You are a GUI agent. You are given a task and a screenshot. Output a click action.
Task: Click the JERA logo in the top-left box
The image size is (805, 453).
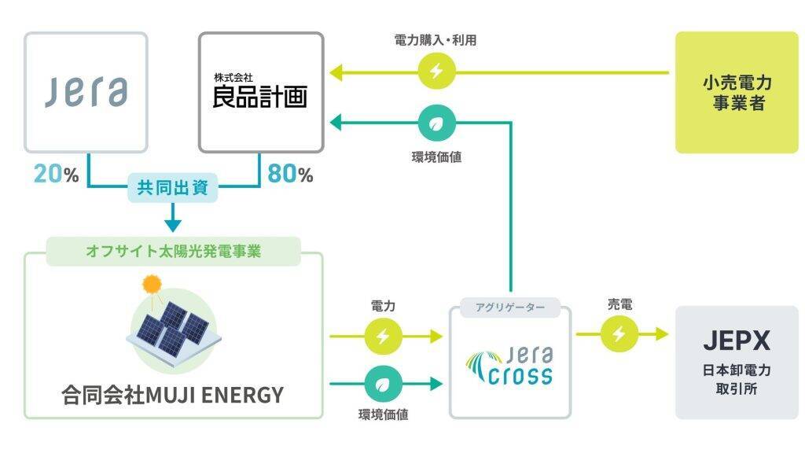[x=86, y=92]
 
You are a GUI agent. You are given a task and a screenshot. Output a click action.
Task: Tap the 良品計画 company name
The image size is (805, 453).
[x=260, y=95]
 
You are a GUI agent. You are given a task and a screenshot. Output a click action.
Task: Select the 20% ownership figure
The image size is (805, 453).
[x=56, y=174]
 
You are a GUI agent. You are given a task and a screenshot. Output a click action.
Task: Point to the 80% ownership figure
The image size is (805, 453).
[x=290, y=174]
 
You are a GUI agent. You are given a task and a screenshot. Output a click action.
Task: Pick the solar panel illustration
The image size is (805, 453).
[x=173, y=330]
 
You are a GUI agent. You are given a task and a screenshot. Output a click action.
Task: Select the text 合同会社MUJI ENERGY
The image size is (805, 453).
[x=173, y=395]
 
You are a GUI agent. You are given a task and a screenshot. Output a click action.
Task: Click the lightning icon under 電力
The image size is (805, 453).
[x=383, y=337]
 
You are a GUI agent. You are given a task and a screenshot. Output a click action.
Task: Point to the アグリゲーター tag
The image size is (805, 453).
[x=509, y=307]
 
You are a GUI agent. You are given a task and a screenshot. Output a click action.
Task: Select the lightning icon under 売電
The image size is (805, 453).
[x=619, y=334]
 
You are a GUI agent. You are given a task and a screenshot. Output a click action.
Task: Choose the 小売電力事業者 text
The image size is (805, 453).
[x=737, y=93]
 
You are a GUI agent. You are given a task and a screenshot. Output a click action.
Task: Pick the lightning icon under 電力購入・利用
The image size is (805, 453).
[x=436, y=72]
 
